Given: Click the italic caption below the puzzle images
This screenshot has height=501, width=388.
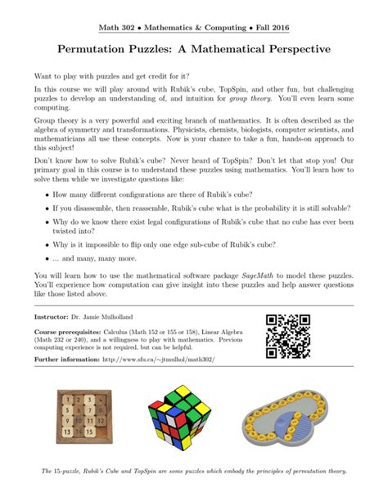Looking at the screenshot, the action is (x=194, y=471).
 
